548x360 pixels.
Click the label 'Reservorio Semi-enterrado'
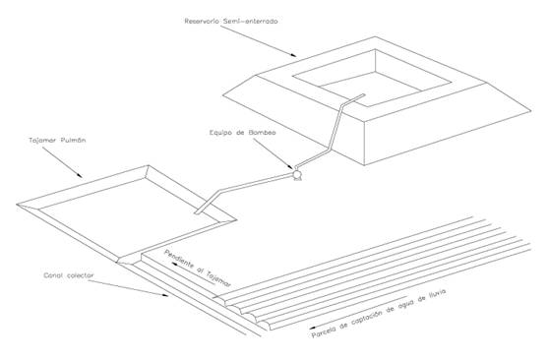coord(231,21)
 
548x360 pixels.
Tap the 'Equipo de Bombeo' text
coord(243,133)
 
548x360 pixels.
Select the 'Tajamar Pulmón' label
coord(57,141)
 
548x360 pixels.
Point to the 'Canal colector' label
coord(69,275)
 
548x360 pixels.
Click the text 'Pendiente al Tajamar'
coord(198,269)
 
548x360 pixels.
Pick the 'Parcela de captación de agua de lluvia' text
coord(379,314)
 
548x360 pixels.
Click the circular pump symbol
coord(297,174)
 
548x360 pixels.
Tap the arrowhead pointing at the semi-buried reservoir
coord(293,54)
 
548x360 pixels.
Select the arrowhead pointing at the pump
coord(289,166)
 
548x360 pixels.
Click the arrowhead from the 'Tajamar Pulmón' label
coord(80,175)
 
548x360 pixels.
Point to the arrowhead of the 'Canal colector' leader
coord(164,295)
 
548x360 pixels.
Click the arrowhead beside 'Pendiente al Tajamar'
coord(174,265)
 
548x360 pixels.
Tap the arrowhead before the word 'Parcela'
coord(313,328)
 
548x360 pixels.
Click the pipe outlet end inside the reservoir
coord(363,94)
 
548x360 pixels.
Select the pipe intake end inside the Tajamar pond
coord(198,211)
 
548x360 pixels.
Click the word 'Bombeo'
coord(262,133)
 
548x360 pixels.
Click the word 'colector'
coord(81,275)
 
